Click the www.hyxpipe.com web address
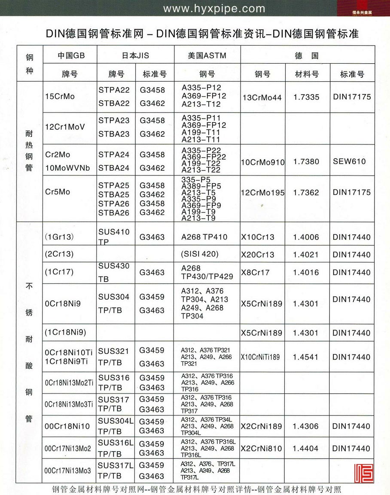point(214,9)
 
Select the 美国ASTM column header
point(207,56)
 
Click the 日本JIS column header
point(135,56)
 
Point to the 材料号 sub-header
point(307,74)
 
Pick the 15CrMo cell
point(60,96)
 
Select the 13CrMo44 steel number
point(262,98)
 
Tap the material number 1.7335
point(307,97)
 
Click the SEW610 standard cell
point(349,162)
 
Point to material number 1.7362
point(307,193)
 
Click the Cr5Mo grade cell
point(58,192)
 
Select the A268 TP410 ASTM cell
point(204,237)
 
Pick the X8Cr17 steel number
point(255,272)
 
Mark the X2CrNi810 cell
point(262,449)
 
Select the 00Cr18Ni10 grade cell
point(67,426)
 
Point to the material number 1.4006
point(307,237)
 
